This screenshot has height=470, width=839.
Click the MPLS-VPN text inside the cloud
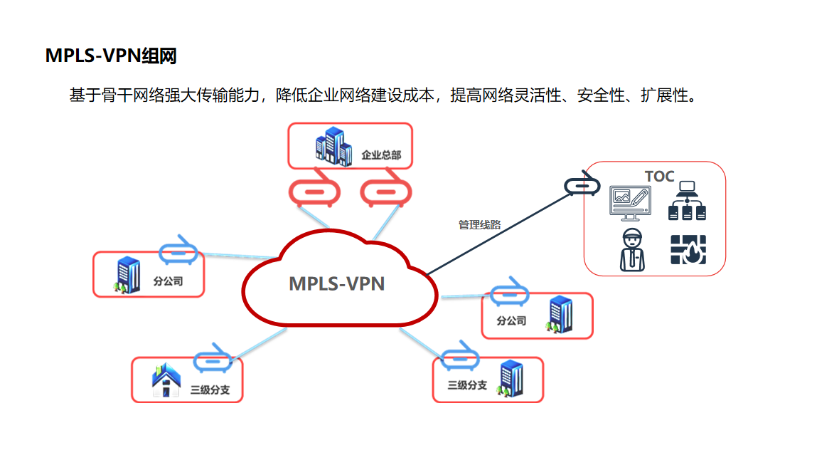click(336, 283)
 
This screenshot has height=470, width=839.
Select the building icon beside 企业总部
click(333, 146)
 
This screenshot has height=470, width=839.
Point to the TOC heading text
click(659, 177)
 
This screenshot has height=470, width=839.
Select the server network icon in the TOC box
click(686, 201)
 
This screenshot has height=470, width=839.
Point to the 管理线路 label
click(479, 224)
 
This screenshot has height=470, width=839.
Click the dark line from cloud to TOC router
click(498, 233)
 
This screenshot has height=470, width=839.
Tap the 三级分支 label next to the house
click(210, 390)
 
